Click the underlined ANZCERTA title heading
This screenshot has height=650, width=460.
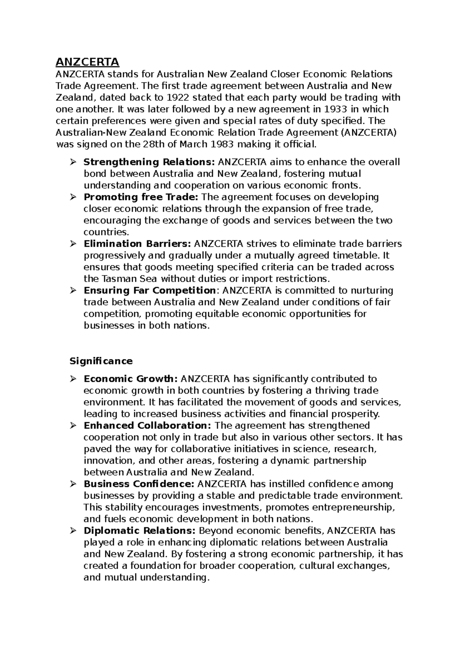[87, 62]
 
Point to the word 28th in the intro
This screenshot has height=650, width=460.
[153, 144]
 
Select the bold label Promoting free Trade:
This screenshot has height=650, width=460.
[141, 197]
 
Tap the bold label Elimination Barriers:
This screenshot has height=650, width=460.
[137, 244]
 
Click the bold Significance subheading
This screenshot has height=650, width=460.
[101, 361]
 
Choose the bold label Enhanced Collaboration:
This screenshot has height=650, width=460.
[148, 426]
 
